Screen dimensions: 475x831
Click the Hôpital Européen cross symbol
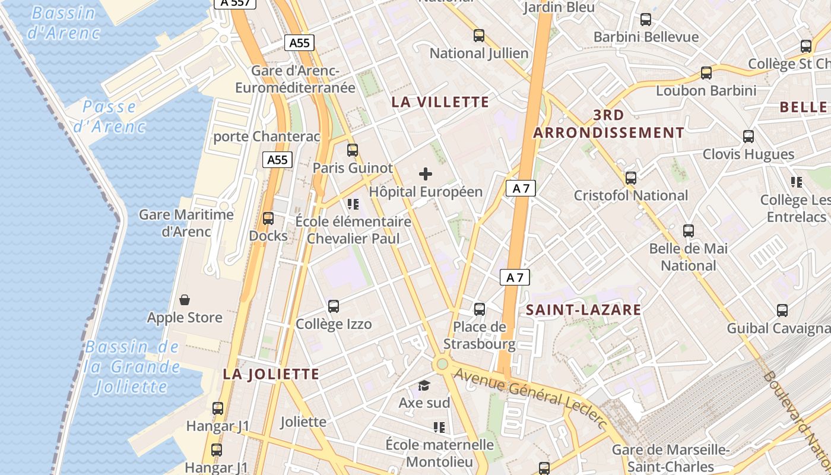pyautogui.click(x=426, y=174)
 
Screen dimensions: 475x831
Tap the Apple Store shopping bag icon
pyautogui.click(x=185, y=299)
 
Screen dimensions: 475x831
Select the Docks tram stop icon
pyautogui.click(x=268, y=218)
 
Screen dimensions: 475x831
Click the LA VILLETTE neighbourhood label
pyautogui.click(x=440, y=102)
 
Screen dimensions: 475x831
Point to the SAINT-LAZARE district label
pyautogui.click(x=583, y=309)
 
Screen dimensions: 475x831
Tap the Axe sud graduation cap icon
pyautogui.click(x=424, y=386)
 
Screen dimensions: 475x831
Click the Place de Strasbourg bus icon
pyautogui.click(x=480, y=309)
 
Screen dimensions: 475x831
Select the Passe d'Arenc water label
pyautogui.click(x=109, y=116)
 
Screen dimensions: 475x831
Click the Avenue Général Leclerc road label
pyautogui.click(x=531, y=398)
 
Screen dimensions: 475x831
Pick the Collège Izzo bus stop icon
pyautogui.click(x=334, y=306)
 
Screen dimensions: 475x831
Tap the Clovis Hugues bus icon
pyautogui.click(x=748, y=137)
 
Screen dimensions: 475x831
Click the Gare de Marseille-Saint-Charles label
pyautogui.click(x=671, y=458)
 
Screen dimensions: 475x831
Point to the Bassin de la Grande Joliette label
pyautogui.click(x=132, y=367)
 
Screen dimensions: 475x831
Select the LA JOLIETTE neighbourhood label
pyautogui.click(x=271, y=374)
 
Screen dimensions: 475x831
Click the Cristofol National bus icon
pyautogui.click(x=631, y=178)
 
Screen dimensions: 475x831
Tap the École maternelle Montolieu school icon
pyautogui.click(x=439, y=427)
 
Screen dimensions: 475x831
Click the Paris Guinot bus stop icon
pyautogui.click(x=353, y=150)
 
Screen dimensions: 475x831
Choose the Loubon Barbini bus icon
pyautogui.click(x=706, y=73)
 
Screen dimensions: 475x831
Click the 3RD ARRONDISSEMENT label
pyautogui.click(x=608, y=123)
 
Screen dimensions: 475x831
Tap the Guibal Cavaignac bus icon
pyautogui.click(x=782, y=310)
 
